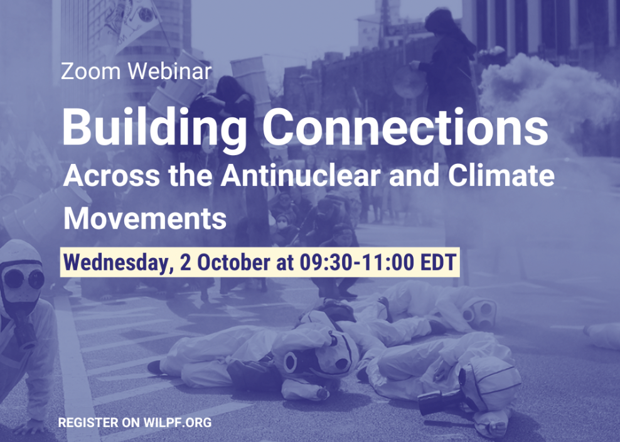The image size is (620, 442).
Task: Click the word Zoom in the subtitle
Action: coord(90,71)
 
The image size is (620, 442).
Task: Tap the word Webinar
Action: coord(170,71)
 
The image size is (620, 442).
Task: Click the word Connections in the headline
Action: coord(405,127)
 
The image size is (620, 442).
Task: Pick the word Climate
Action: coord(501,175)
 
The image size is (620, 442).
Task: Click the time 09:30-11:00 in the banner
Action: coord(357,262)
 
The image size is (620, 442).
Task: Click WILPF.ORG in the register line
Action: coord(178,423)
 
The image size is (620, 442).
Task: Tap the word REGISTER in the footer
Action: coord(88,423)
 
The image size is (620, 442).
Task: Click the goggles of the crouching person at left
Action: coord(24,279)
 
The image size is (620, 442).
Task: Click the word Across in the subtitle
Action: coord(112,175)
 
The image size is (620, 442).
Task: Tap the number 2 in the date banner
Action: coord(185,262)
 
